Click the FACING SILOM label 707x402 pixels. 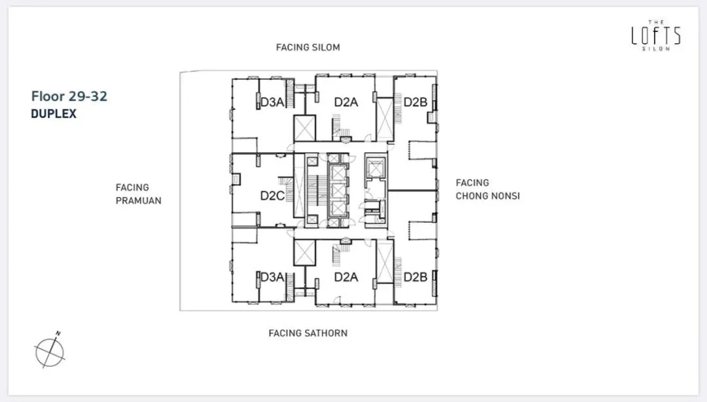click(x=308, y=47)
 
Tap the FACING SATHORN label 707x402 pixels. click(x=308, y=333)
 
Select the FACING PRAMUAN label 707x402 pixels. click(x=138, y=194)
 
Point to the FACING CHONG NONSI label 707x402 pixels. click(x=488, y=189)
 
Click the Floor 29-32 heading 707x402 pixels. click(x=69, y=96)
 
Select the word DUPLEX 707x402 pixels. click(x=54, y=114)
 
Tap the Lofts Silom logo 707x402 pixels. click(x=656, y=35)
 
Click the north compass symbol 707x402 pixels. click(x=50, y=351)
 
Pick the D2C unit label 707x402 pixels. click(x=272, y=196)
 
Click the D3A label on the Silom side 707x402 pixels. click(x=272, y=102)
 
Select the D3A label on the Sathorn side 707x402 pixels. click(x=272, y=277)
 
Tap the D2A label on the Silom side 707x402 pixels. click(x=346, y=102)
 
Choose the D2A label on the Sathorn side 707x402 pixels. click(x=346, y=277)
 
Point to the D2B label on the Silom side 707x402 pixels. click(x=415, y=102)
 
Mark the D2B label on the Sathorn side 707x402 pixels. click(x=415, y=277)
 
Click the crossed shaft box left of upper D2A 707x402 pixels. click(x=304, y=128)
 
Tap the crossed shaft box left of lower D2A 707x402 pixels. click(x=304, y=253)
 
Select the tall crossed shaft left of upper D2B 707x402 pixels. click(x=385, y=119)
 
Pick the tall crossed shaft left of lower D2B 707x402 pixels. click(x=385, y=262)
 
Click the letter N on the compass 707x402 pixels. click(x=58, y=333)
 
